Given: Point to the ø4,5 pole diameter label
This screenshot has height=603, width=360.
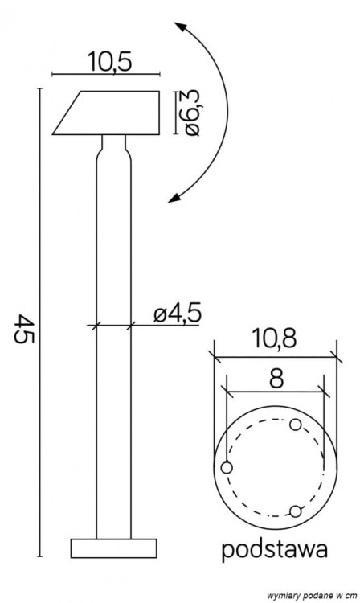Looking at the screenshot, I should [x=176, y=314].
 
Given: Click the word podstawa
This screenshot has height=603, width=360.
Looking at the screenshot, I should [x=274, y=551].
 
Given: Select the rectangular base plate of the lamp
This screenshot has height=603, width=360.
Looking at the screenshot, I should [x=113, y=548].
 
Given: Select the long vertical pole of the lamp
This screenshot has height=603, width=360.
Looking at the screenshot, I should [x=113, y=346].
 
